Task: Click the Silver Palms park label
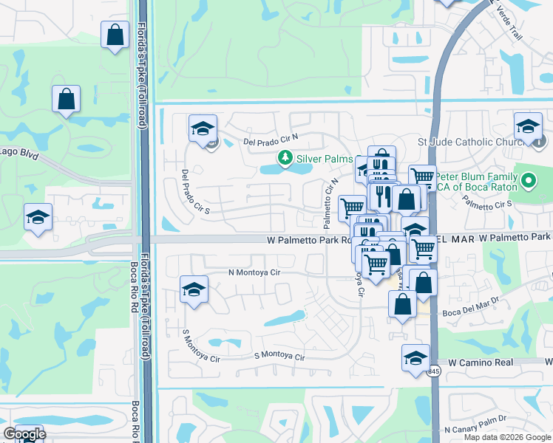click(322, 158)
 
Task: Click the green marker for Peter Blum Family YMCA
click(528, 180)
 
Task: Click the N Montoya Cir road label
click(254, 272)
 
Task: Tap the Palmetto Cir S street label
click(488, 206)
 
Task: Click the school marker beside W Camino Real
click(416, 357)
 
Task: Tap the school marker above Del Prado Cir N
click(203, 128)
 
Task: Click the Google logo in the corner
click(24, 434)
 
